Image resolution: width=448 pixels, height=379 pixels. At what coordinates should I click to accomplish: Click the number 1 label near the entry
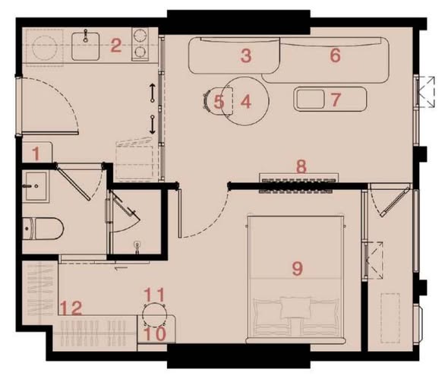pos(36,153)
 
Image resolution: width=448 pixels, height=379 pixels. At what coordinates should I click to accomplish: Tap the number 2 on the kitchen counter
pos(116,46)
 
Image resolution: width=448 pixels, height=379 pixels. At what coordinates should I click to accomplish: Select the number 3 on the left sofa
pos(246,55)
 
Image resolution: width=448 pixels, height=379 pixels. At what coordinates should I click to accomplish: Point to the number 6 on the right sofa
pos(336,55)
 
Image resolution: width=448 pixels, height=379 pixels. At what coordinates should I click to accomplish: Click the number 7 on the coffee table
pos(336,99)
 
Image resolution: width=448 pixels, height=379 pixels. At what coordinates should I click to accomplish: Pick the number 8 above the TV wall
pos(301,166)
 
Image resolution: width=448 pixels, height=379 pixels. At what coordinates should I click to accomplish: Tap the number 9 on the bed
pos(298,268)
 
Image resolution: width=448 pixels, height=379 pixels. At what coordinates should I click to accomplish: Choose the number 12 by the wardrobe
pos(71,308)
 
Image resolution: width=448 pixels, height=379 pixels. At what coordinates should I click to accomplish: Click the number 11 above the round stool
pos(155,295)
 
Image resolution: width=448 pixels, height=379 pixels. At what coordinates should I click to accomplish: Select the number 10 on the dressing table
pos(155,333)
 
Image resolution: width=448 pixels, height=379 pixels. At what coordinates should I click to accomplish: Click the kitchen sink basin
pos(86,46)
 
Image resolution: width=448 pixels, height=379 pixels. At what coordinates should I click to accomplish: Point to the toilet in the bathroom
pos(43,229)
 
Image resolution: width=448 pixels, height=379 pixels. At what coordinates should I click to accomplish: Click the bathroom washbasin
pos(36,186)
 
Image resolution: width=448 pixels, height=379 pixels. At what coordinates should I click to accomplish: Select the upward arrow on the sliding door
pos(153,93)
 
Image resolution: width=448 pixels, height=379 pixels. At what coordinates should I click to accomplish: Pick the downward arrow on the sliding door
pos(153,125)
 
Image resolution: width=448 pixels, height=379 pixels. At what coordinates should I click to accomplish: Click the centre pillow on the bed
pos(295,308)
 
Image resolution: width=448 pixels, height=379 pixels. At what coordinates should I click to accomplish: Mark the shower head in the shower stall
pos(138,248)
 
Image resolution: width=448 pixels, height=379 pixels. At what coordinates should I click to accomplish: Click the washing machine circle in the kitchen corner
pos(44,48)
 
